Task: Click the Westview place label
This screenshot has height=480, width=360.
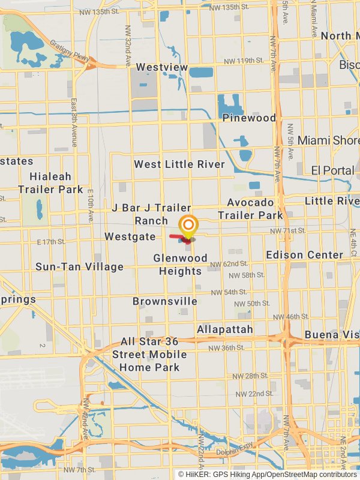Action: tap(162, 67)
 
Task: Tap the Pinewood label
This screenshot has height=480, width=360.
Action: tap(249, 118)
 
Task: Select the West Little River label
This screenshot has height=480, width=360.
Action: tap(179, 164)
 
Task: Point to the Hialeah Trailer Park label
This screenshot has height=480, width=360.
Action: tap(50, 183)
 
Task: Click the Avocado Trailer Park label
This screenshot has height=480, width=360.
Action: tap(250, 209)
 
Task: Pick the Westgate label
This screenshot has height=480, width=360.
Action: tap(130, 236)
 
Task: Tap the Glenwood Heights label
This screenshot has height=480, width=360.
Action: tap(180, 265)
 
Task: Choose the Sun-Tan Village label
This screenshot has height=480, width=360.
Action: tap(79, 266)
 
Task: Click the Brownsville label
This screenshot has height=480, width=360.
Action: tap(165, 301)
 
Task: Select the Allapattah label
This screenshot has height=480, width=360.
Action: tap(225, 329)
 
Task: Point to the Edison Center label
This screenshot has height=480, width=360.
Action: tap(304, 254)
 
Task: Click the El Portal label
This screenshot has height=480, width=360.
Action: tap(332, 170)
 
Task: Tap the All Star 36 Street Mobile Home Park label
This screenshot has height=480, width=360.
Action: tap(149, 354)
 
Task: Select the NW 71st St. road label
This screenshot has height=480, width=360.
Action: tap(284, 231)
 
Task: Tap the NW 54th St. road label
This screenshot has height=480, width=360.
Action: tap(225, 292)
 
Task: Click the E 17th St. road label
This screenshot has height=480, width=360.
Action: tap(51, 242)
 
